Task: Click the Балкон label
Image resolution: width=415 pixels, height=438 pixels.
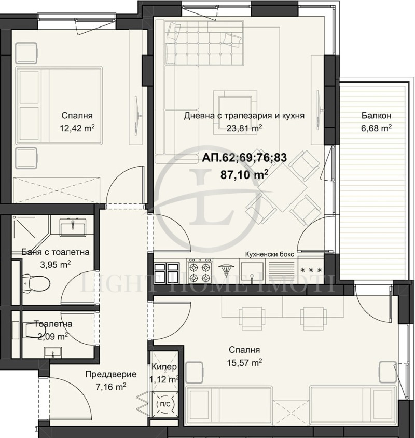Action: click(376, 115)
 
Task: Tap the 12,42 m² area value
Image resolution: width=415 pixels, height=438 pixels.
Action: click(77, 128)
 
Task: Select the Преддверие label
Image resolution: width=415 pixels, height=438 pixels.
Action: click(111, 374)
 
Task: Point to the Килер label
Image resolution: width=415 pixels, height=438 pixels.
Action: click(164, 367)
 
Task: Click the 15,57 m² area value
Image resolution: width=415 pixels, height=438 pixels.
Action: click(244, 363)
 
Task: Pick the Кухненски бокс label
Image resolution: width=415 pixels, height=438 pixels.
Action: click(270, 254)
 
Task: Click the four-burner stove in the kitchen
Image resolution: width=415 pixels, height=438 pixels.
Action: click(199, 270)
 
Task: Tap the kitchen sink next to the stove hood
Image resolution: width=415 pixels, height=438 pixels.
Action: click(252, 271)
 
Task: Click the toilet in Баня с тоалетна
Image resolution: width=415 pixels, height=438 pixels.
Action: click(36, 283)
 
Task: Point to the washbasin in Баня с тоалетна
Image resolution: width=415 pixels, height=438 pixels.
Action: click(73, 227)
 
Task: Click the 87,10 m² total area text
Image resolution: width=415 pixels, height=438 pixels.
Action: click(244, 174)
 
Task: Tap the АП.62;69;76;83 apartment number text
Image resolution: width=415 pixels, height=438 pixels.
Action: click(244, 158)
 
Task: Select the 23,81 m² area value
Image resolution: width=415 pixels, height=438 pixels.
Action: click(244, 128)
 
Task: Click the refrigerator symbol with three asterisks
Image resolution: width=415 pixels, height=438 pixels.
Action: click(311, 270)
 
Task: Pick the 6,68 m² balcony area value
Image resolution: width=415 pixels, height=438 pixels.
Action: click(376, 128)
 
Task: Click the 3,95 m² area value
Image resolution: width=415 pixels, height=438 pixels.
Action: click(56, 264)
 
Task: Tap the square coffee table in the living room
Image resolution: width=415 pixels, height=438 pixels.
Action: click(235, 112)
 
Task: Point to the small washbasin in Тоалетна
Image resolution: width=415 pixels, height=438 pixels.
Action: click(52, 352)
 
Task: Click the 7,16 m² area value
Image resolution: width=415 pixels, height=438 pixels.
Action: click(111, 387)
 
